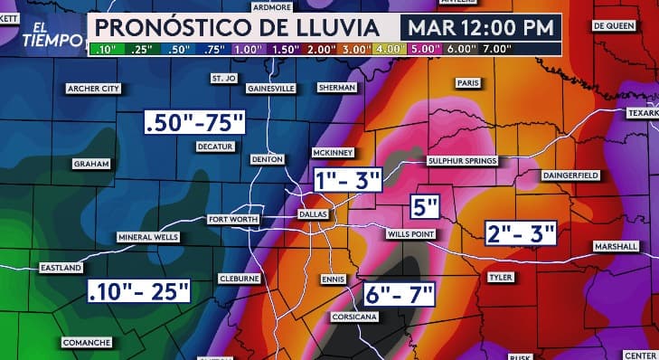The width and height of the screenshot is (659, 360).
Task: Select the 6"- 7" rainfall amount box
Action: (x=400, y=294)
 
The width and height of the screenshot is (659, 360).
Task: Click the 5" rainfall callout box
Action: (x=424, y=207)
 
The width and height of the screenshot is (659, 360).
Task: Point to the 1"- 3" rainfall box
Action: (x=348, y=179)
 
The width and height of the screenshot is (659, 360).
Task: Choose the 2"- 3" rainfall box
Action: (x=520, y=232)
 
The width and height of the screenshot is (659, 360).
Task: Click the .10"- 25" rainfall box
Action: (x=139, y=291)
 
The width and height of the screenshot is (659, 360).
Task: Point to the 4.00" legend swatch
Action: (x=391, y=48)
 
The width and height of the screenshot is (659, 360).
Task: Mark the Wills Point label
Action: (x=411, y=234)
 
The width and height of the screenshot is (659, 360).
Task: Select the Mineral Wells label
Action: (x=148, y=237)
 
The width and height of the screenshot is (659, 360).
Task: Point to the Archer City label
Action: (x=94, y=89)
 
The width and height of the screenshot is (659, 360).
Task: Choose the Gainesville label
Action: (x=272, y=89)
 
